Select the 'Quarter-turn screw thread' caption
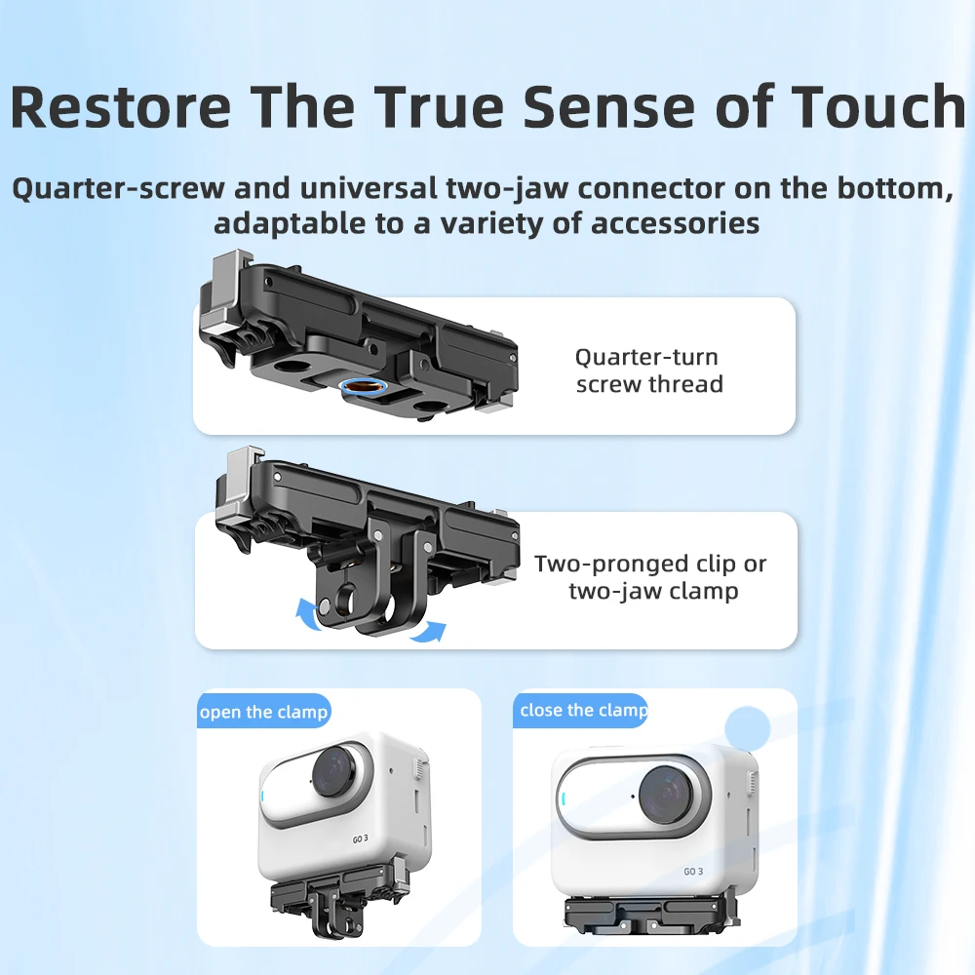click(x=649, y=370)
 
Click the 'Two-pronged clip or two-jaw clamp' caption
click(x=651, y=577)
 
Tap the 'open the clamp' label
click(x=263, y=712)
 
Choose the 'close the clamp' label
click(x=582, y=710)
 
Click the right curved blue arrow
click(x=426, y=632)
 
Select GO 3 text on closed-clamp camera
click(x=694, y=871)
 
